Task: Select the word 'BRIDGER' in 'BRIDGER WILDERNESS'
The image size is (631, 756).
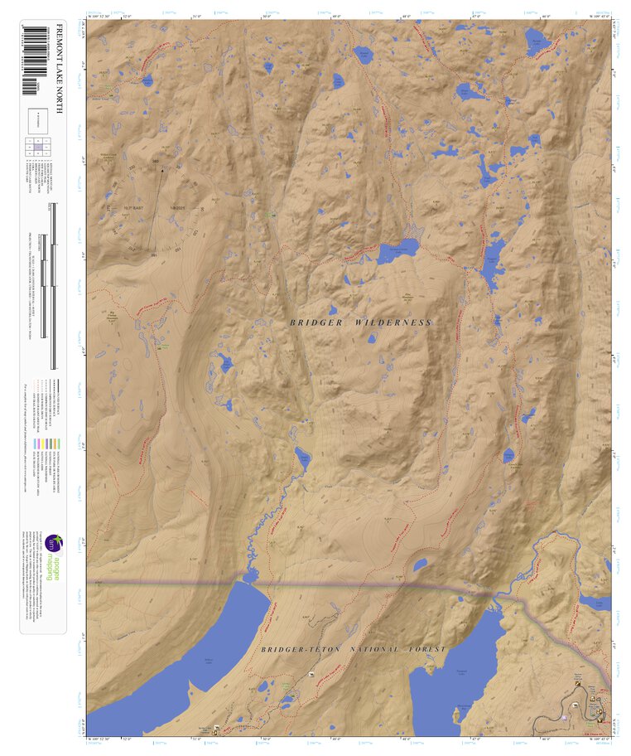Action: click(x=313, y=322)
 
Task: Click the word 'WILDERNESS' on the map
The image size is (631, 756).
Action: click(x=393, y=322)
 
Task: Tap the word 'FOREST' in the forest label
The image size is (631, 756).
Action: click(x=426, y=649)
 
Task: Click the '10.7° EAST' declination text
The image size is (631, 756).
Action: click(x=134, y=196)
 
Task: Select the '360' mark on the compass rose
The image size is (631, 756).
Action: click(x=156, y=162)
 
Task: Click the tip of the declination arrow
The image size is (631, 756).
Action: click(x=162, y=170)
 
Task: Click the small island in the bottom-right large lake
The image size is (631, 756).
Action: click(x=457, y=711)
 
